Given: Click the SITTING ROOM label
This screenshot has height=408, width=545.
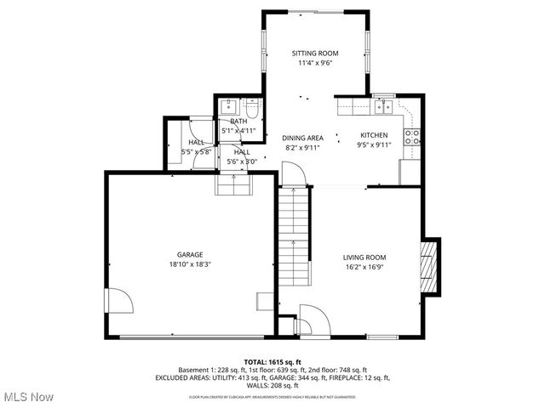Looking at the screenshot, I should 315,53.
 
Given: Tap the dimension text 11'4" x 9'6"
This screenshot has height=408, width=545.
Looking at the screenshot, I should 315,63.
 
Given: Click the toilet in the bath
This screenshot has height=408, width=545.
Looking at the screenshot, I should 252,110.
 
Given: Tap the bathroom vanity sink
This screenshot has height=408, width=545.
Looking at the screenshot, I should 228,107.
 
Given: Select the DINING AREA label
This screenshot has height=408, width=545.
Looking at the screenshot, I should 302,138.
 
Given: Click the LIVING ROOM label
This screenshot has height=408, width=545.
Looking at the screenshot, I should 364,258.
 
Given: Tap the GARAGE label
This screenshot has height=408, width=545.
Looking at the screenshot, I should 190,254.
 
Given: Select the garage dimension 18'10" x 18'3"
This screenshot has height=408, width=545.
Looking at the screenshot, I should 190,264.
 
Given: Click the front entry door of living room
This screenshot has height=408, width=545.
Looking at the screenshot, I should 308,323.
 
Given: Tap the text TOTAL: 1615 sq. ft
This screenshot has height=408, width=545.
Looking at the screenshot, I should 272,361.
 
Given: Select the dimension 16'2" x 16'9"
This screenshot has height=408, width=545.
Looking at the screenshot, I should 364,268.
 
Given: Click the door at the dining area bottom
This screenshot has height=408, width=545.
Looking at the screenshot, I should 294,176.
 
